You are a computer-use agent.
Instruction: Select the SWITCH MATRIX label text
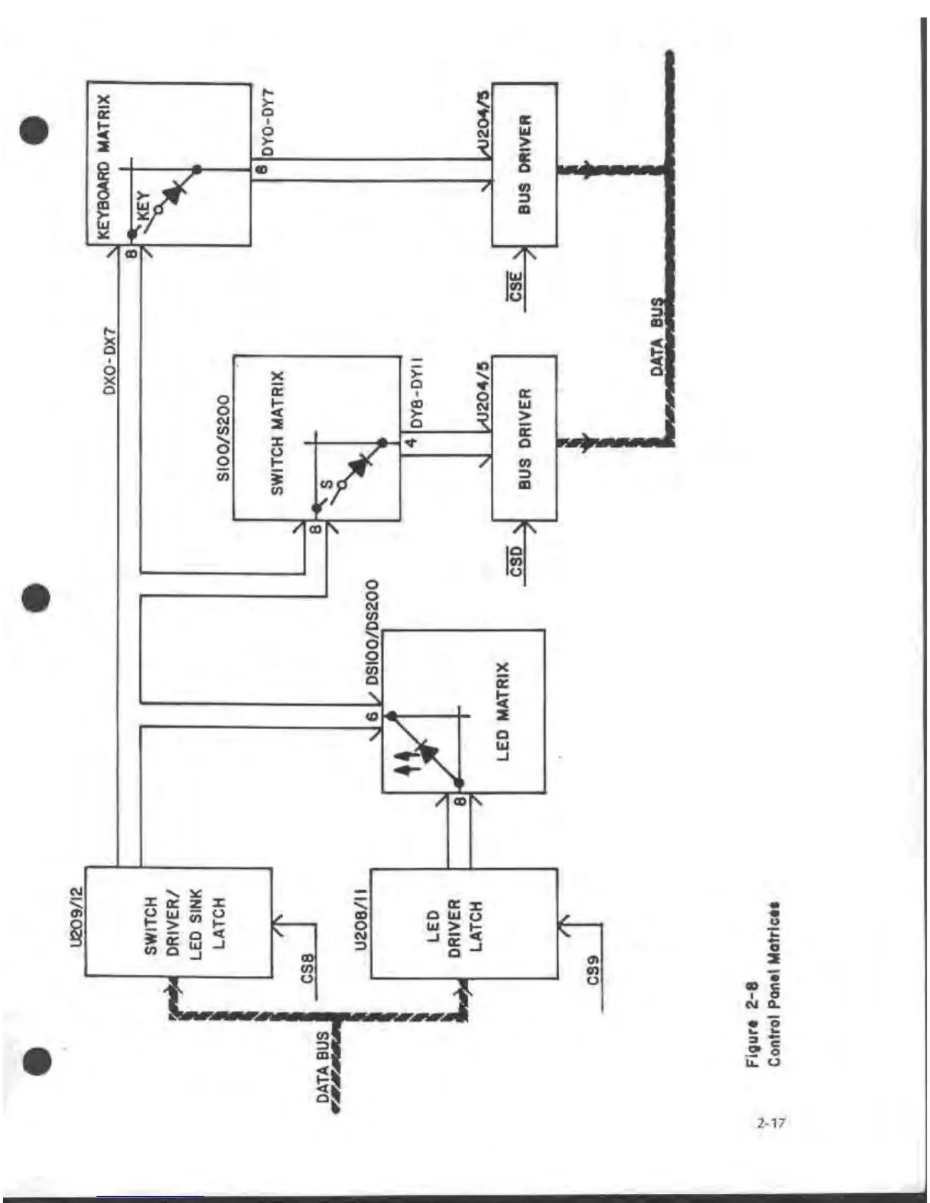coord(278,434)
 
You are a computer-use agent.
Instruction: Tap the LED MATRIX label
coord(502,711)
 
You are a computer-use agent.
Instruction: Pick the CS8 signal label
coord(308,968)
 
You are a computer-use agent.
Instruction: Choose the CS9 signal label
coord(593,970)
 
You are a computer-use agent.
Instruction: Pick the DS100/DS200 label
coord(372,633)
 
